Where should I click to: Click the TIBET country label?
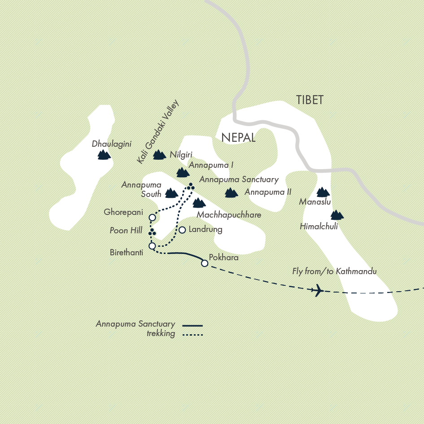(x=310, y=100)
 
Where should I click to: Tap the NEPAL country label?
(x=238, y=137)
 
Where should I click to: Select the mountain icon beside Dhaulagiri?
(x=104, y=155)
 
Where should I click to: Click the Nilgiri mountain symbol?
(x=159, y=155)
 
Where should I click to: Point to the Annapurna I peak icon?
(x=183, y=172)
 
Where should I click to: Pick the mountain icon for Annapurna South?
(x=171, y=193)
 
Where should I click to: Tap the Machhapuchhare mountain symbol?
(x=199, y=203)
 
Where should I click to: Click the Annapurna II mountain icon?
(x=231, y=193)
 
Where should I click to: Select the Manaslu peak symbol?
(x=323, y=192)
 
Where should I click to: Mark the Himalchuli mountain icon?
(x=337, y=215)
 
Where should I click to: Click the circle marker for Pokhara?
(x=205, y=263)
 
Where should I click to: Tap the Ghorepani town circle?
(x=152, y=218)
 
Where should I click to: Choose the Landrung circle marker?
(x=182, y=230)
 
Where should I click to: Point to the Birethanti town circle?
(x=152, y=246)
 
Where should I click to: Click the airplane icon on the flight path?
(x=317, y=290)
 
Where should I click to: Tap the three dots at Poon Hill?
(x=152, y=232)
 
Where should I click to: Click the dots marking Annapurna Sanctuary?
(x=191, y=187)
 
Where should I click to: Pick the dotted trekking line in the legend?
(x=193, y=334)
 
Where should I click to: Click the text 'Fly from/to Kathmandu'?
(x=334, y=271)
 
